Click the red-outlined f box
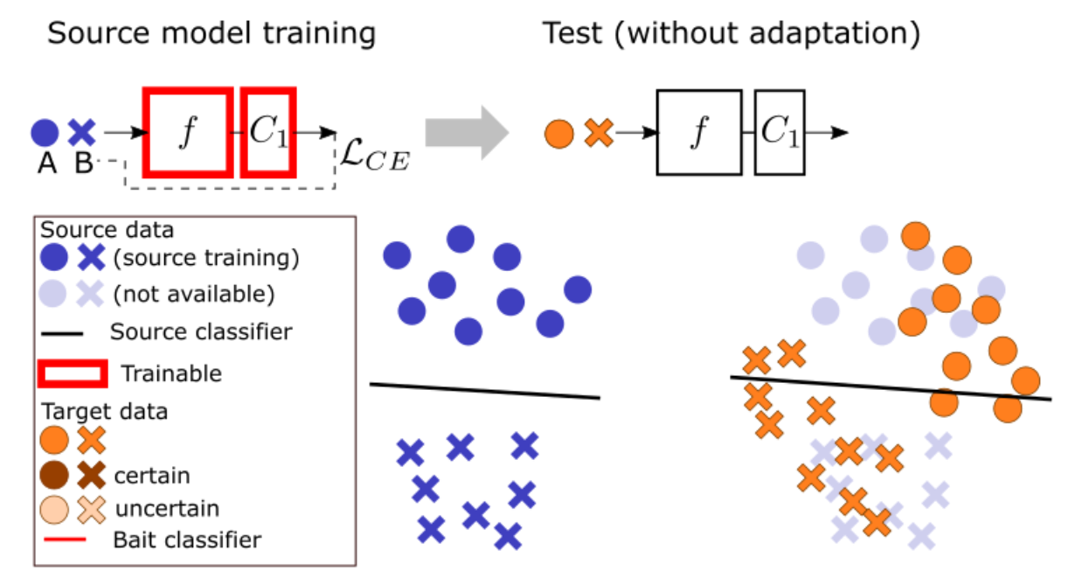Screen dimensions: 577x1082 [187, 132]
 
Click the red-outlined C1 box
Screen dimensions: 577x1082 [268, 132]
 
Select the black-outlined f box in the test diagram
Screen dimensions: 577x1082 [698, 133]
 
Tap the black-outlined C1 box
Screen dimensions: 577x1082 [780, 133]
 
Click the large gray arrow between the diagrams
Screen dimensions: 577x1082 [466, 133]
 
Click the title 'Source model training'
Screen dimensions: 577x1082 [211, 34]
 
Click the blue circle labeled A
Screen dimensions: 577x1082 [45, 133]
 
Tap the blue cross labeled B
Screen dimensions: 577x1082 [82, 133]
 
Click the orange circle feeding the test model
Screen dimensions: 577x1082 [559, 134]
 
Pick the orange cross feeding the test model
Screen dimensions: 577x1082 [599, 134]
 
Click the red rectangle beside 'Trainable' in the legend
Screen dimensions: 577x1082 [73, 373]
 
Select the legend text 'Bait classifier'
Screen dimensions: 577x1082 [187, 539]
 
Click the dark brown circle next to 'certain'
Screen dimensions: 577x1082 [54, 476]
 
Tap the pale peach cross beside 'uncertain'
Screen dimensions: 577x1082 [91, 508]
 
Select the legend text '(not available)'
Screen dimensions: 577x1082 [194, 295]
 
